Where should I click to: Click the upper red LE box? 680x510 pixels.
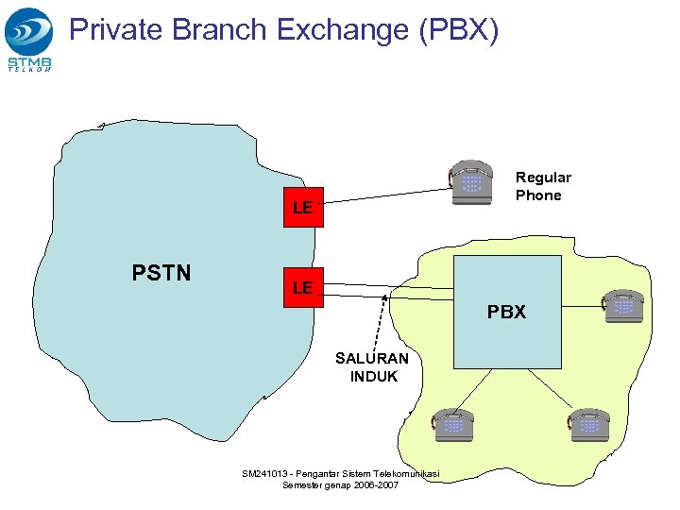pos(302,207)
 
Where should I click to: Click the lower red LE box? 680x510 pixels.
pos(302,287)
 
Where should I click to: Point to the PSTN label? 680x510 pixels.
pos(161,274)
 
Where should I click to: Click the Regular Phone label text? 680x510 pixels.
pos(542,186)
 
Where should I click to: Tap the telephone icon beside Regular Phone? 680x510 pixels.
pos(470,181)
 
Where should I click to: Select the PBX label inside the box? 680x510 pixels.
pos(506,312)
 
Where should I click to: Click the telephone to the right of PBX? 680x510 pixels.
pos(622,306)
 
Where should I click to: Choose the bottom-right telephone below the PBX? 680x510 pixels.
pos(589,424)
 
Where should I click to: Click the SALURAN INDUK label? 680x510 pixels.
pos(372,366)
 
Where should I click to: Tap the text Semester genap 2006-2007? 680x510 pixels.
pos(340,485)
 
